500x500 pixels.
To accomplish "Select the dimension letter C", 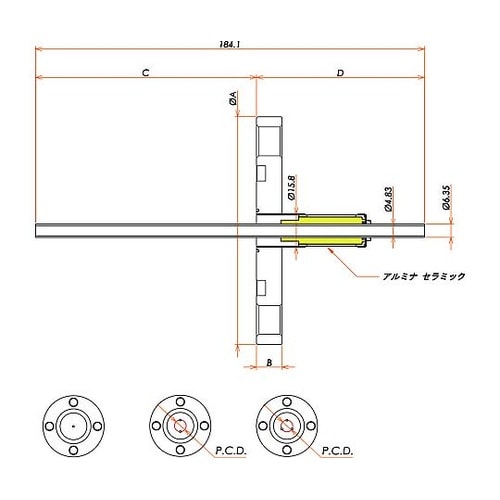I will pyautogui.click(x=146, y=75).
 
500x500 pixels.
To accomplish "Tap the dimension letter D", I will pyautogui.click(x=341, y=75).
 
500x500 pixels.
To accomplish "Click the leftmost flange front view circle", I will pyautogui.click(x=72, y=426).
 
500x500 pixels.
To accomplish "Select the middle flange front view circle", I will pyautogui.click(x=180, y=426).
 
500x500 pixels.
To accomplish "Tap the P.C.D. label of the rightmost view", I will pyautogui.click(x=337, y=452).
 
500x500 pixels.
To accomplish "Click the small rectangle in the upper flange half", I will pyautogui.click(x=262, y=174).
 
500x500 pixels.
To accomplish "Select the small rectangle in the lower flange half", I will pyautogui.click(x=262, y=289).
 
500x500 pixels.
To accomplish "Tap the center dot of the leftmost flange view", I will pyautogui.click(x=72, y=426).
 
